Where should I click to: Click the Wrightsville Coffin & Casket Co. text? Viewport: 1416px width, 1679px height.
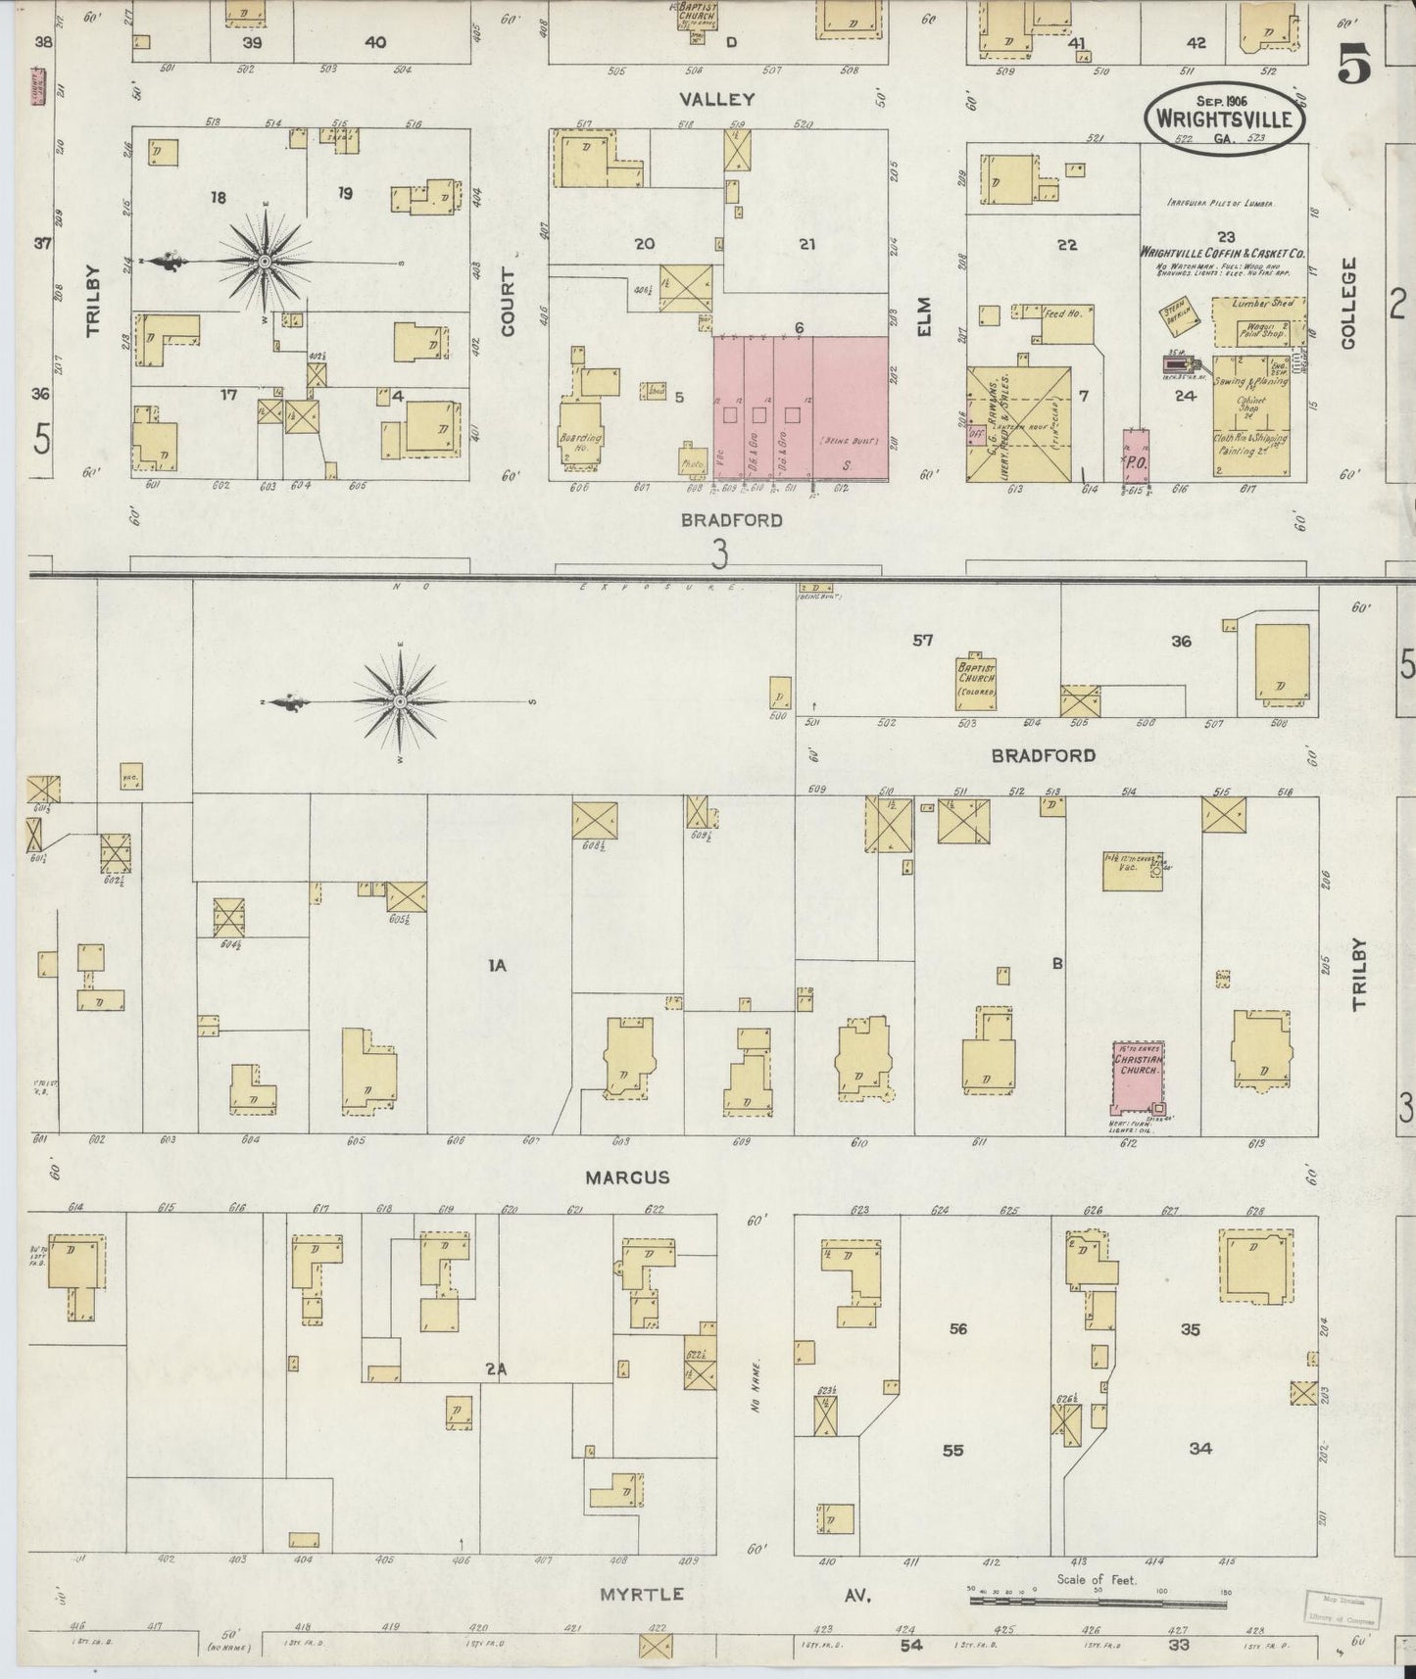coord(1222,252)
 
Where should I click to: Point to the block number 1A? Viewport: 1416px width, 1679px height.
coord(498,966)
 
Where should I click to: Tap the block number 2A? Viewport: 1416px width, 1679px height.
coord(496,1369)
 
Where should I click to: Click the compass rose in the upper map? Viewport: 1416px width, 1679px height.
coord(265,263)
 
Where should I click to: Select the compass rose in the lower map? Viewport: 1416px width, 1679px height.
coord(401,702)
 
